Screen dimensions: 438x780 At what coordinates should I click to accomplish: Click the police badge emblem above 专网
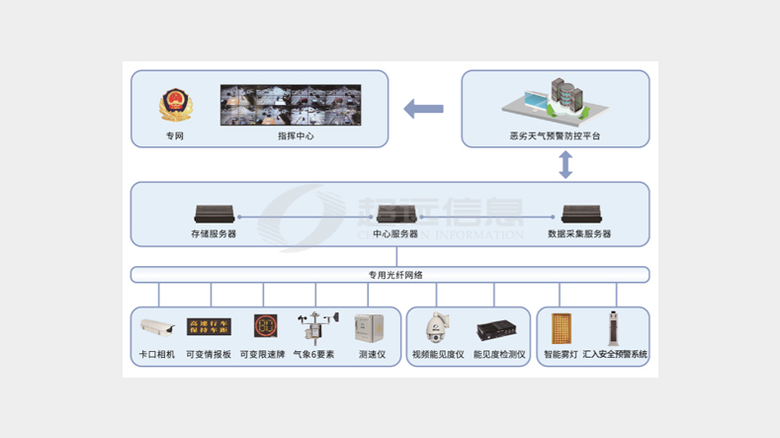click(x=174, y=104)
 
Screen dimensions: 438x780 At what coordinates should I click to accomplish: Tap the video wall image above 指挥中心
click(x=291, y=104)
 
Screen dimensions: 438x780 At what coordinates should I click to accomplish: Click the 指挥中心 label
click(x=296, y=136)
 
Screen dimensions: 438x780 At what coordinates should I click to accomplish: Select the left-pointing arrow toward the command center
click(x=424, y=109)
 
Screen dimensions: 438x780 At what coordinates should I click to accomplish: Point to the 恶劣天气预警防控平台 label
click(x=555, y=136)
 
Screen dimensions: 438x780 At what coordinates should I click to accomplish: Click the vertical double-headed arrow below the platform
click(x=565, y=165)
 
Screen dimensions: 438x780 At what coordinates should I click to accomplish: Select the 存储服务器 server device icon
click(x=214, y=214)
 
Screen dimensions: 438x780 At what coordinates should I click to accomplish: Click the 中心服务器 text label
click(x=395, y=234)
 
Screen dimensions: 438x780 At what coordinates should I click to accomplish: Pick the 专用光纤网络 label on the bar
click(x=390, y=275)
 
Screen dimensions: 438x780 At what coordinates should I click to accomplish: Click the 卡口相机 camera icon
click(x=157, y=327)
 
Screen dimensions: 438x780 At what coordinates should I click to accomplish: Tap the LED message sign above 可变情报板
click(x=209, y=327)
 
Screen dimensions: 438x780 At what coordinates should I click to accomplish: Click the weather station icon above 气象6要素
click(x=314, y=328)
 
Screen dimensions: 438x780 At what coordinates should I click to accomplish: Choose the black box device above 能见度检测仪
click(x=496, y=329)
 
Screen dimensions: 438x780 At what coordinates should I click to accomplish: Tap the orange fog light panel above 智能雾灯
click(x=561, y=328)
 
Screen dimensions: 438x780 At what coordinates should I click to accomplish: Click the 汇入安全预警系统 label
click(x=615, y=354)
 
